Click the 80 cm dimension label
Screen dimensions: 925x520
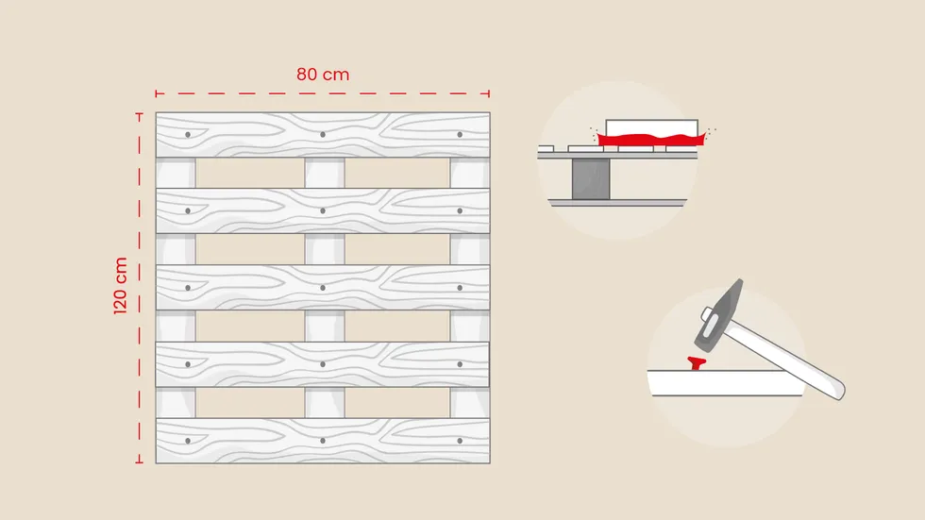[323, 75]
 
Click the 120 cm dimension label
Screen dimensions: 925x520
[121, 285]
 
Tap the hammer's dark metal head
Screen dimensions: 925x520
[719, 315]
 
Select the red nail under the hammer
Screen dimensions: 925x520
[697, 363]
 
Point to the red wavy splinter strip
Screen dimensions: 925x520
[651, 140]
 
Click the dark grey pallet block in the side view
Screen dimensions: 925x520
[591, 178]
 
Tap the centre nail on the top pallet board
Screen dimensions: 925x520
[323, 134]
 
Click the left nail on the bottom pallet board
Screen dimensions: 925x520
[188, 441]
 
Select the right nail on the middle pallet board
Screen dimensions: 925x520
[460, 288]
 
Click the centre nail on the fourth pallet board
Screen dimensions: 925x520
[323, 364]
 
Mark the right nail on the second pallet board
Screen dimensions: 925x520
[460, 210]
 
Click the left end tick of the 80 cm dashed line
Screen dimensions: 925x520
[156, 93]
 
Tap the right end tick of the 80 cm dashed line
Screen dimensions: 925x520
[489, 93]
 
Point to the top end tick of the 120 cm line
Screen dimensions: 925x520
[140, 113]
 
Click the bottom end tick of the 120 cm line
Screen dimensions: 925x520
[140, 462]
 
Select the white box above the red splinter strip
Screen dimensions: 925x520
[651, 127]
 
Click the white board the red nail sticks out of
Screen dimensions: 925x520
[726, 383]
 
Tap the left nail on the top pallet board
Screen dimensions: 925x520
[188, 134]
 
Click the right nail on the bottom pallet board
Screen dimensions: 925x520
[460, 441]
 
